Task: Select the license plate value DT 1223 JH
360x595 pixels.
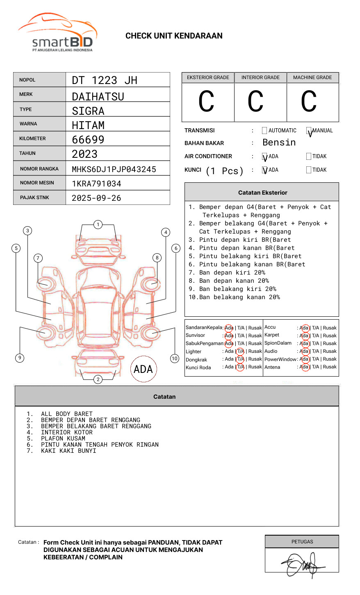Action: pos(105,80)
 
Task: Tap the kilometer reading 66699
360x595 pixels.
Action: pos(88,140)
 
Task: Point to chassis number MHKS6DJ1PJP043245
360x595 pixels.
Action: pos(114,169)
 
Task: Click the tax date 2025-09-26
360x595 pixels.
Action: pos(96,198)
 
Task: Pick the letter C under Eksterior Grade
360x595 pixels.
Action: pos(206,102)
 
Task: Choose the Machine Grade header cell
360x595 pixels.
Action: pos(312,77)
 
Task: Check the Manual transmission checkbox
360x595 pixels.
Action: pos(309,131)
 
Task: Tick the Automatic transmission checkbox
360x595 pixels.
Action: pos(264,131)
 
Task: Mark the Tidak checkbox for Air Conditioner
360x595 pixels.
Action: pos(309,157)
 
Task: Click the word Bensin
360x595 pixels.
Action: pos(279,143)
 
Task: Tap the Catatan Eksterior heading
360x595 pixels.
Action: pos(262,193)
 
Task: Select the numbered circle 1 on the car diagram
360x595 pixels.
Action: pos(98,225)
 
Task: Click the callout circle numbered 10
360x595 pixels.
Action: pos(175,359)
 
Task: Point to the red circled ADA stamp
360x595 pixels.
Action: pos(143,369)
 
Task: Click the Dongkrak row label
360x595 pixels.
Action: pos(196,360)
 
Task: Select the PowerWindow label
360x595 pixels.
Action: pos(280,359)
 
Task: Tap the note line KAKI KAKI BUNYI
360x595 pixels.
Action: pos(68,451)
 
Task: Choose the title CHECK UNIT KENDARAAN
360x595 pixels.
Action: pos(174,36)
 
